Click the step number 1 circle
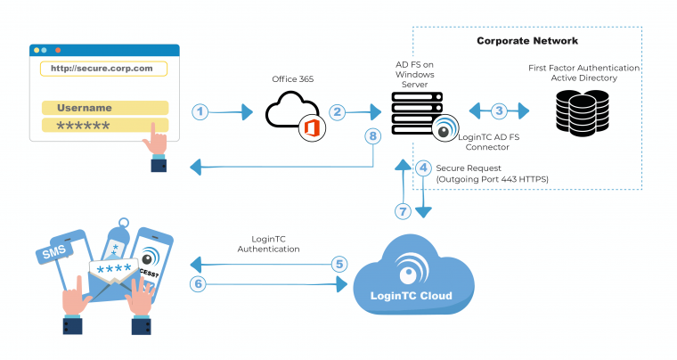[x=201, y=111]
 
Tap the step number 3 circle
[x=499, y=110]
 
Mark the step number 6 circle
[x=200, y=284]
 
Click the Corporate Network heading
[x=527, y=41]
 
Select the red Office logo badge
[x=311, y=128]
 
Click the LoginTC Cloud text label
[x=412, y=296]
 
